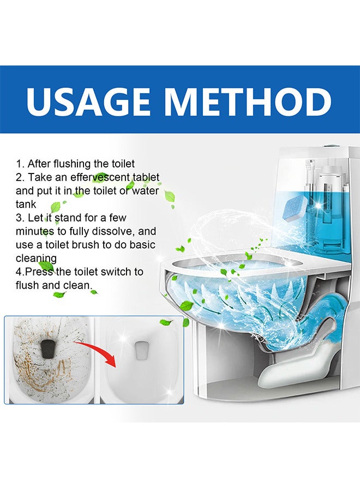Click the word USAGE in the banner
point(88,101)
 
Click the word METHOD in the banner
point(248,101)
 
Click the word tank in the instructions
point(26,204)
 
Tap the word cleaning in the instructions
point(37,259)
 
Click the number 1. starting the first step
point(20,164)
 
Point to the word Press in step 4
point(39,272)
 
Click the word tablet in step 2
point(146,177)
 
